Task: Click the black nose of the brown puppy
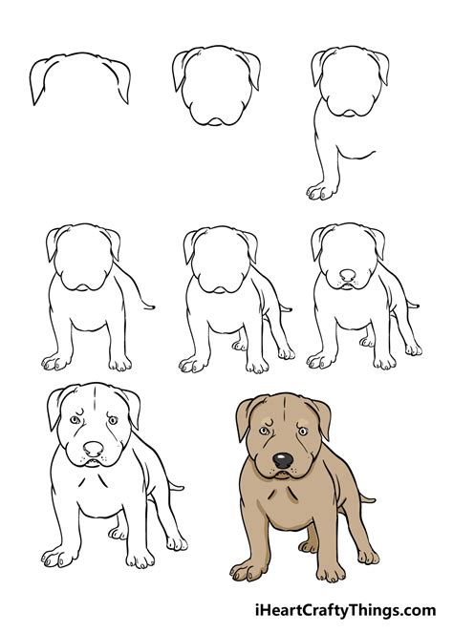tap(282, 461)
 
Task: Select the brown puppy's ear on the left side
tap(246, 417)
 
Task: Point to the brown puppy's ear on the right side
tap(321, 417)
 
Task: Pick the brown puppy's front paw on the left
tap(245, 572)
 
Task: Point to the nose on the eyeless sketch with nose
tap(347, 278)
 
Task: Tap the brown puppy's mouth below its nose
tap(282, 475)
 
